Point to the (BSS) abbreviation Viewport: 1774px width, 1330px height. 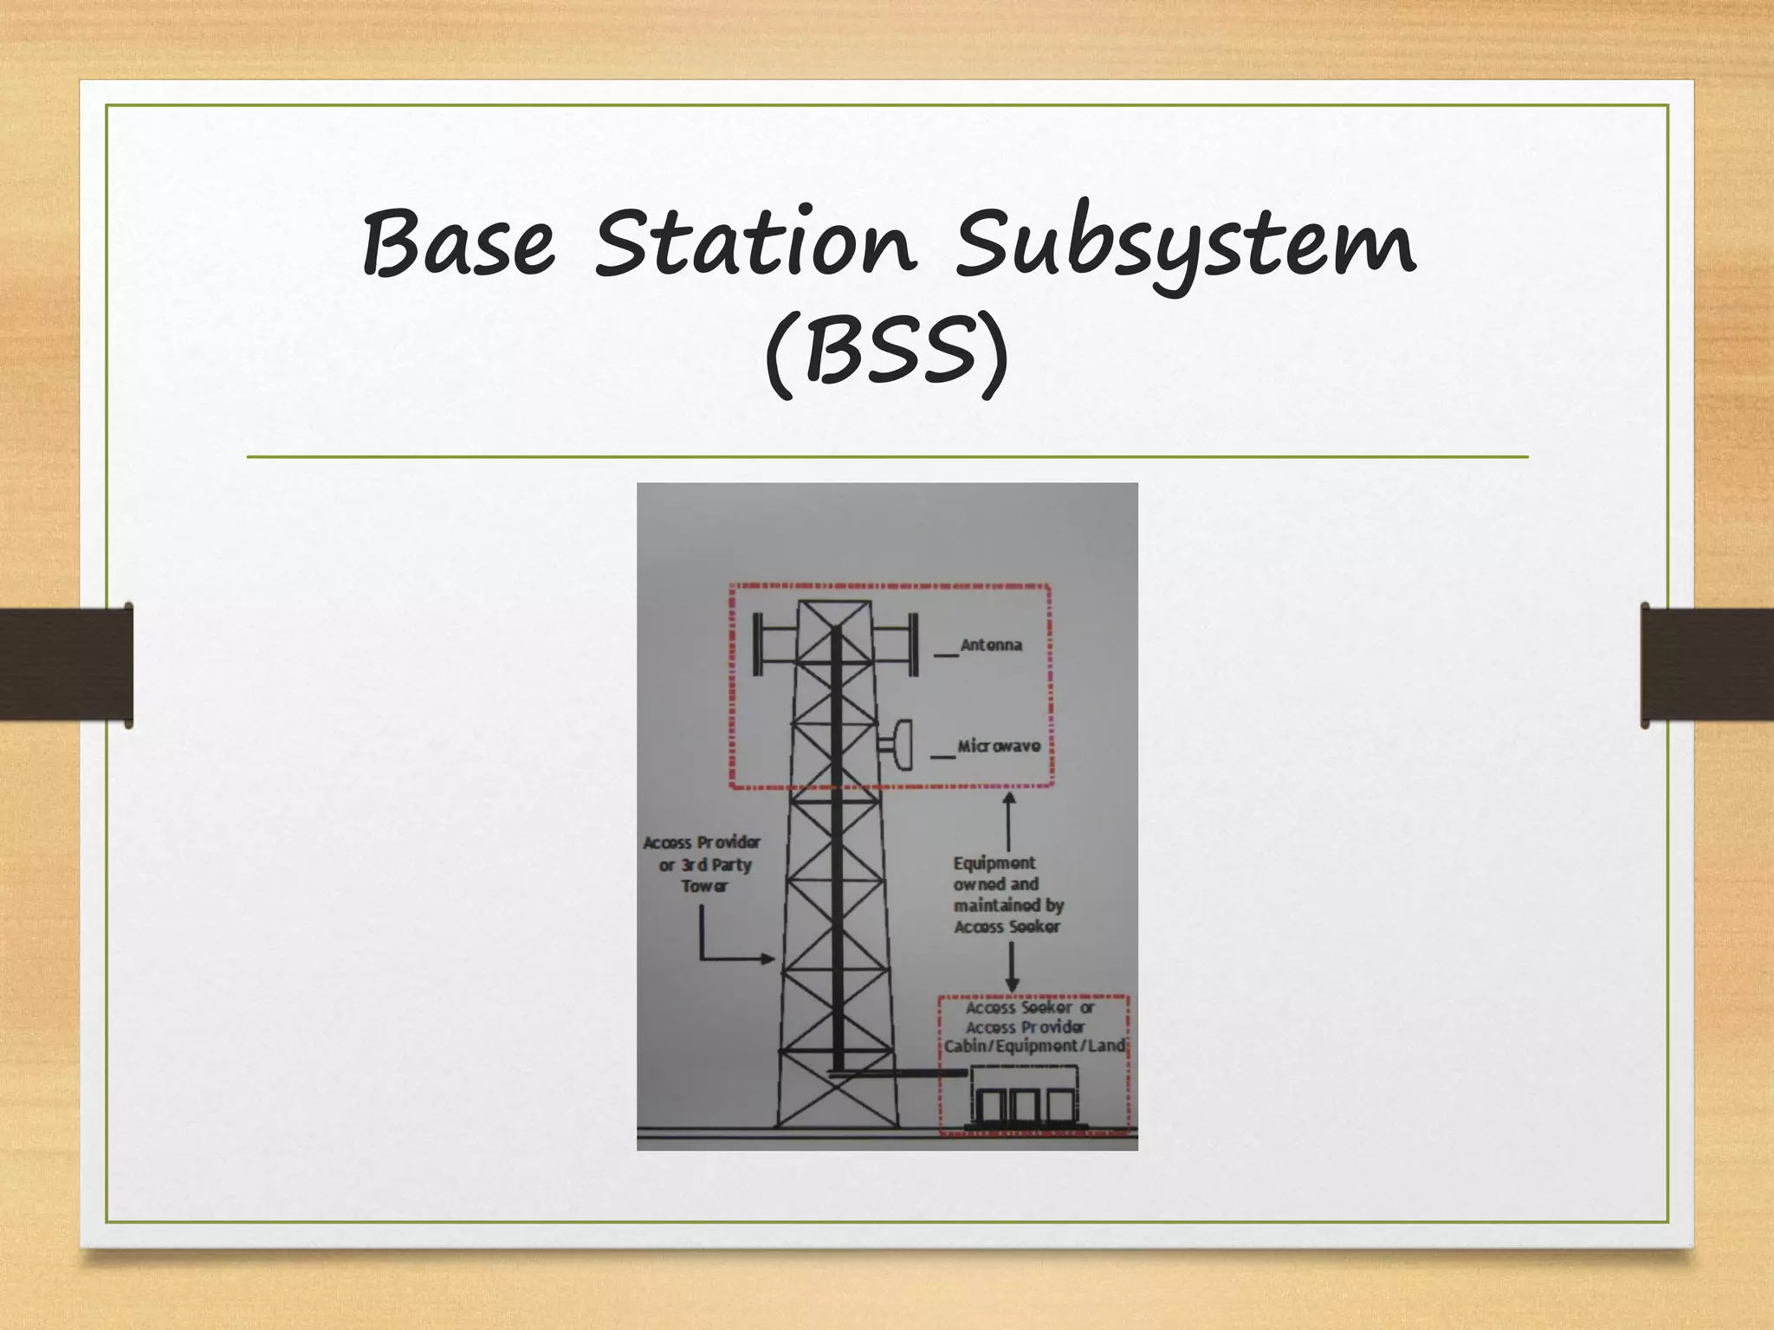tap(887, 354)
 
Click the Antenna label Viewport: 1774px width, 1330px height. tap(991, 645)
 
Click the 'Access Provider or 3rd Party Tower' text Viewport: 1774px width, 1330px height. tap(703, 864)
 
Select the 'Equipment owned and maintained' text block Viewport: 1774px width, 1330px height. tap(1007, 894)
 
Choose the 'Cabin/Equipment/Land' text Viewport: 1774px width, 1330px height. tap(1034, 1047)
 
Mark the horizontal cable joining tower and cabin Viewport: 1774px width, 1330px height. tap(897, 1074)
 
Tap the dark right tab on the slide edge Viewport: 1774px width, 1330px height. tap(1706, 665)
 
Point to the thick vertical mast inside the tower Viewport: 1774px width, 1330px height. tap(837, 849)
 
